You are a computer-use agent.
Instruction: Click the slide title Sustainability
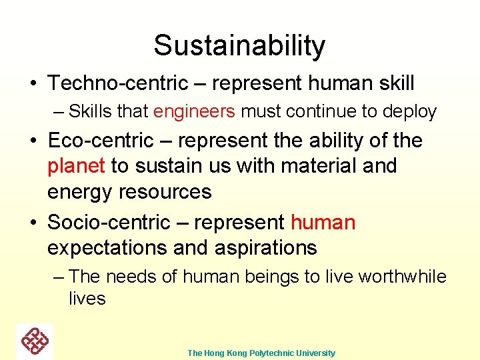click(x=239, y=45)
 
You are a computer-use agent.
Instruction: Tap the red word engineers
click(x=194, y=111)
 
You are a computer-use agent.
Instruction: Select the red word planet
click(x=76, y=166)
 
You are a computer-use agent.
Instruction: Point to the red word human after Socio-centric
click(x=323, y=222)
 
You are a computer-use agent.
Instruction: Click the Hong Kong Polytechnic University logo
click(x=35, y=341)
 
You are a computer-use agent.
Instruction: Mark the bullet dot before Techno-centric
click(x=33, y=85)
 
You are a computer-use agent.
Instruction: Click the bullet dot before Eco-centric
click(x=33, y=142)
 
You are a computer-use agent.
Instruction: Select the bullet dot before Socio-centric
click(x=33, y=223)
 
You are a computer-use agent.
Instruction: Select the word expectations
click(x=107, y=248)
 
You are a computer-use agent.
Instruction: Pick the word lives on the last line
click(x=87, y=298)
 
